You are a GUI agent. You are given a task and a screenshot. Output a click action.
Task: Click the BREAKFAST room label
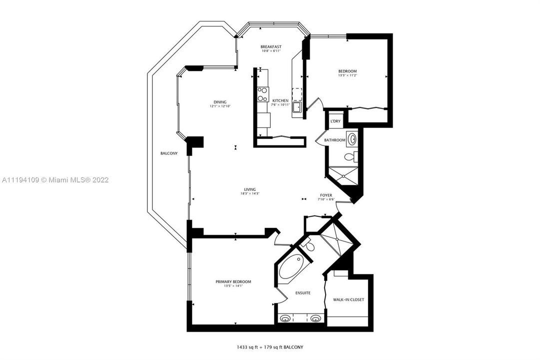click(271, 46)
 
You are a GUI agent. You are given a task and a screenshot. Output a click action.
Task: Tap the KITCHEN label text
click(280, 100)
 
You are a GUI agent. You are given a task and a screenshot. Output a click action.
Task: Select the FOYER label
click(326, 195)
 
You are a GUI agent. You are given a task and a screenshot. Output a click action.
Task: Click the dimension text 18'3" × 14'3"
click(251, 194)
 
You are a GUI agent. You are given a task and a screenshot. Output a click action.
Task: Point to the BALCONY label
click(169, 153)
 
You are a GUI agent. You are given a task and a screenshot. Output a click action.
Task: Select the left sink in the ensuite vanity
click(286, 318)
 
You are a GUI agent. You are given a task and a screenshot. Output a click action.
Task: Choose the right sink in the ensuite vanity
click(315, 318)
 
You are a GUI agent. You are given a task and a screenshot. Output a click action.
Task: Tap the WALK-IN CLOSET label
click(348, 299)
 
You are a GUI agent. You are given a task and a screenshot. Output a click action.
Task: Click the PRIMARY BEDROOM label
click(233, 281)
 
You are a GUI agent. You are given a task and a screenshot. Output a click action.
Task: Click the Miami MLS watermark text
click(55, 179)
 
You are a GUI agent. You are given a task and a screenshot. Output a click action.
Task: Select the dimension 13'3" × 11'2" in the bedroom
click(348, 75)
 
